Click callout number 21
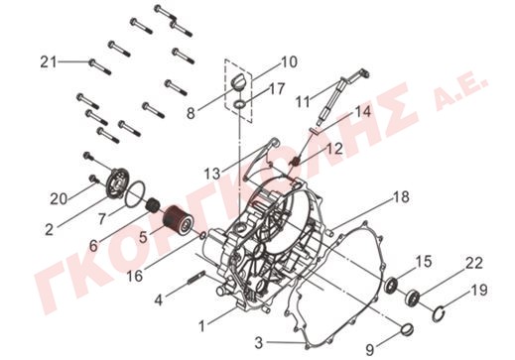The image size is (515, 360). tap(49, 62)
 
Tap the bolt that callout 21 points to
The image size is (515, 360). tap(100, 66)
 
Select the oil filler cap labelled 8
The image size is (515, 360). tap(237, 81)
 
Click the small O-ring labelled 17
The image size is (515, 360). tap(240, 104)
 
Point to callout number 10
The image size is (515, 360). tap(289, 62)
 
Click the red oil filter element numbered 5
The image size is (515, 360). tap(180, 219)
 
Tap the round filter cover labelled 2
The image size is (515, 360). tap(117, 183)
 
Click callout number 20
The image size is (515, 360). tap(59, 199)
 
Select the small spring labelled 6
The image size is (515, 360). tap(153, 205)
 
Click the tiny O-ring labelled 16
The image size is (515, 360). tap(202, 236)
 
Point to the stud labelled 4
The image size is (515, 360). tap(196, 277)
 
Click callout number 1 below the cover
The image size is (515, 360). tap(201, 326)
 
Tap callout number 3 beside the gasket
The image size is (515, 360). tap(259, 342)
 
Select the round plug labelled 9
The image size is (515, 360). tap(407, 329)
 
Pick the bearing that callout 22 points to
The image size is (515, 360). tap(413, 297)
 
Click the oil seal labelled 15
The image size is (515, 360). tap(392, 285)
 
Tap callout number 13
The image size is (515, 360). tap(212, 174)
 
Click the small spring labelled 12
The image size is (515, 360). tap(296, 162)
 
